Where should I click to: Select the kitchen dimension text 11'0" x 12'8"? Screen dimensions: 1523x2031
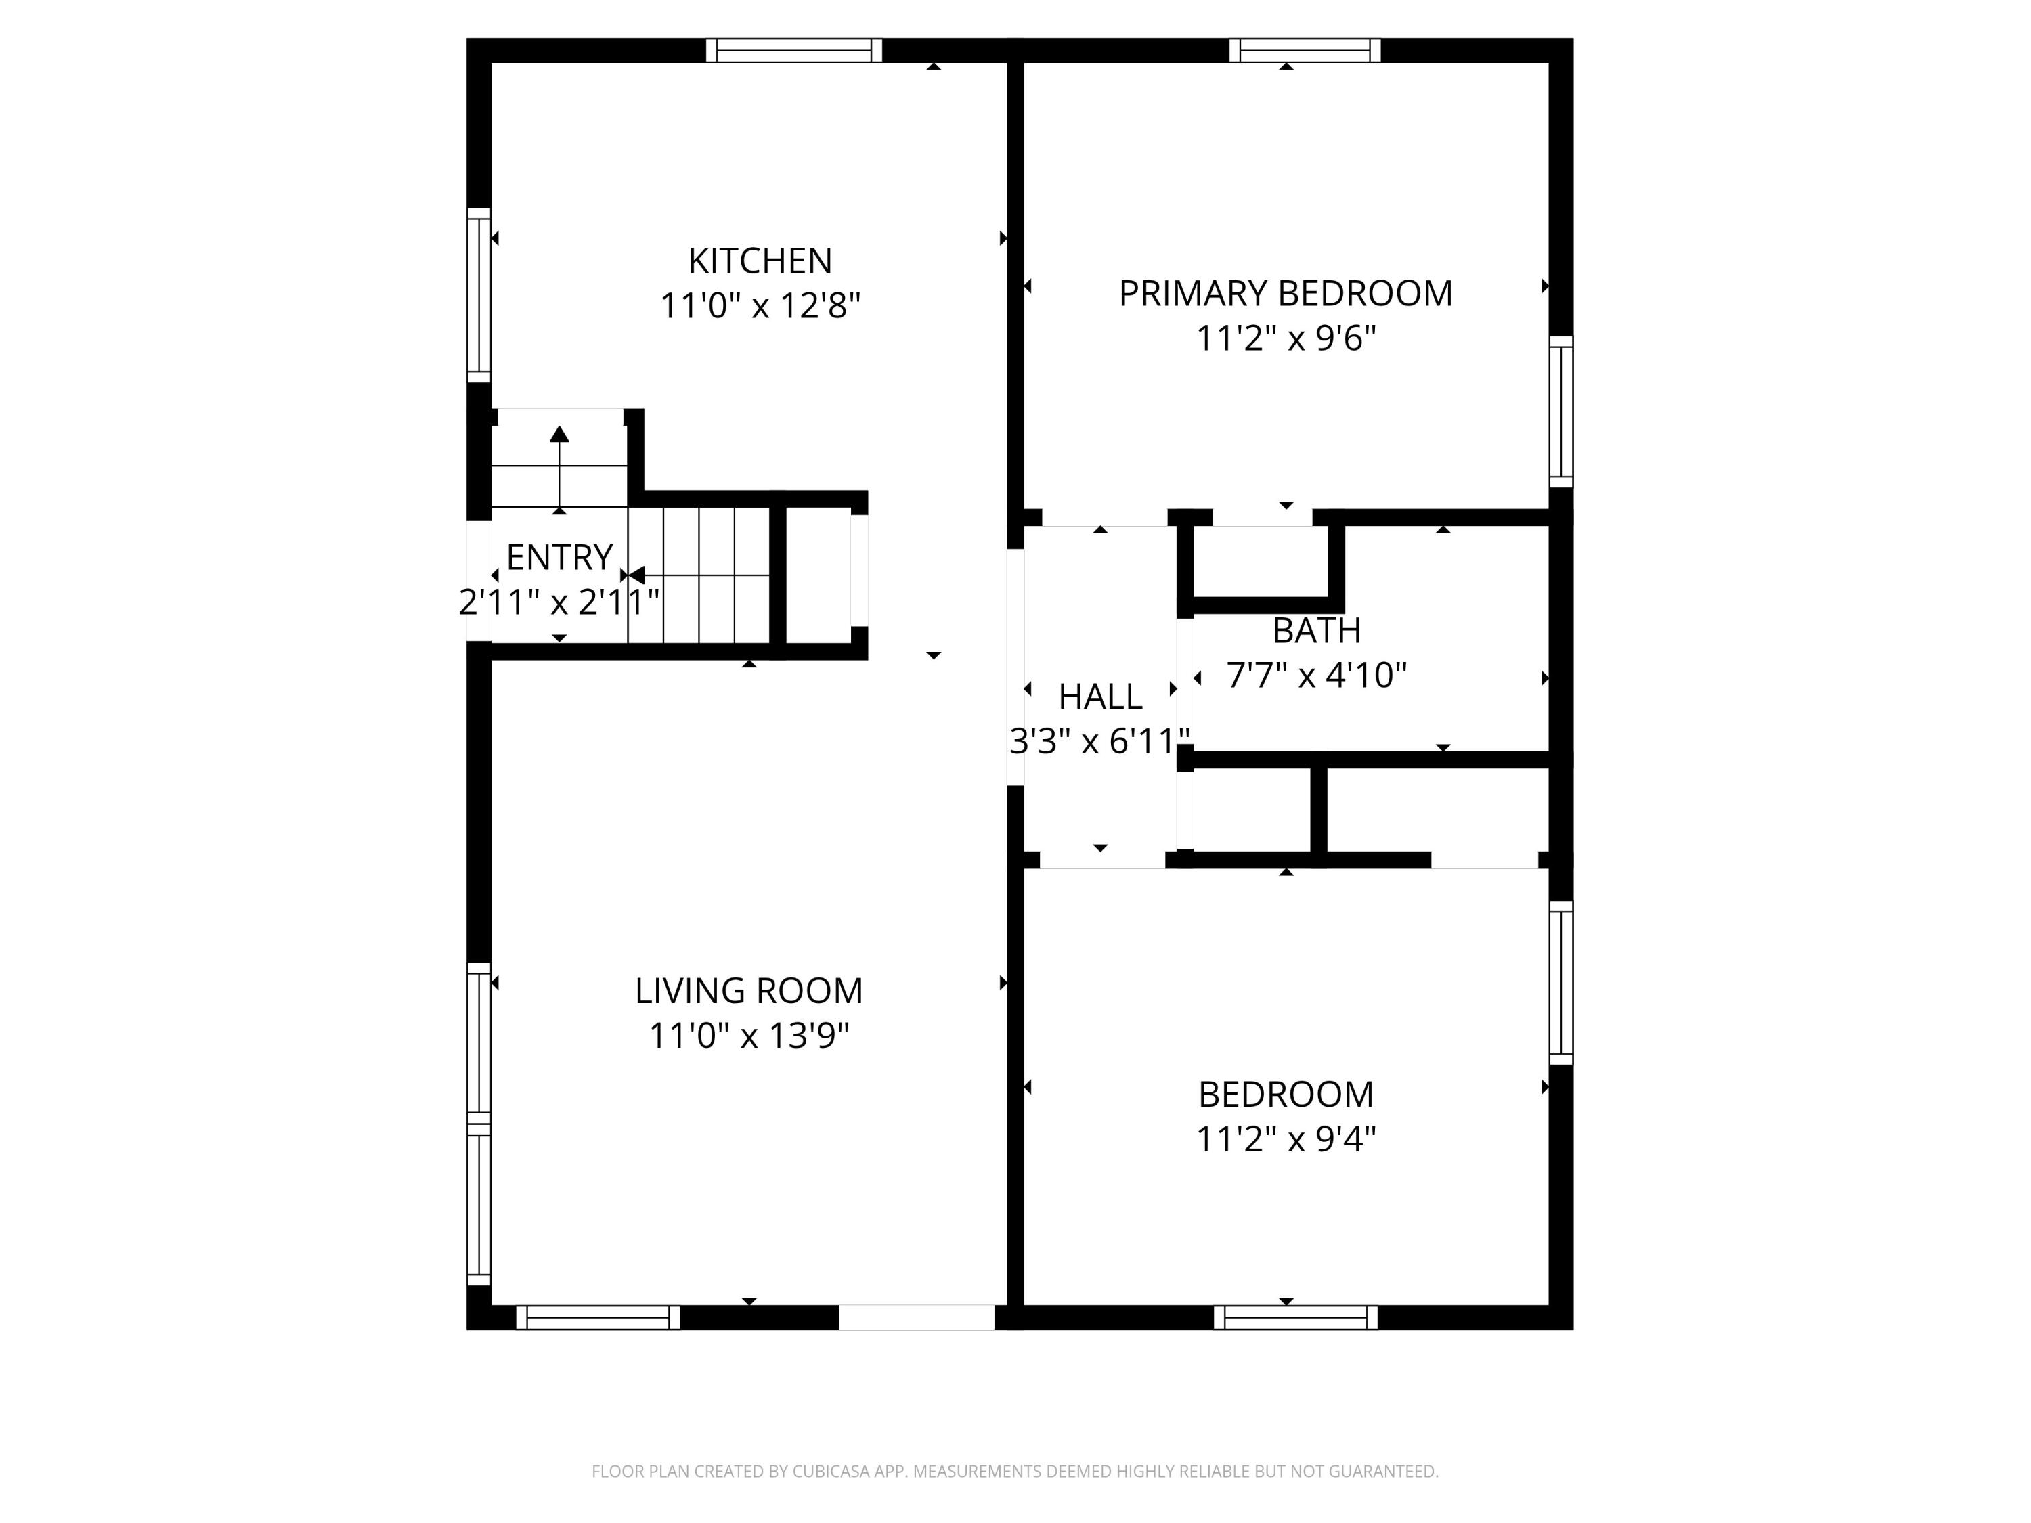(760, 306)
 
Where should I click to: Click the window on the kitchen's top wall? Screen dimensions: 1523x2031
(793, 51)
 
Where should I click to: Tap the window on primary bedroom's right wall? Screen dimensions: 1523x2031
(1561, 412)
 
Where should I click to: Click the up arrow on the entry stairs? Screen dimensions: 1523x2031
(559, 435)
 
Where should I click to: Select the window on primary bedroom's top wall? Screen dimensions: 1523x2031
(1304, 51)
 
